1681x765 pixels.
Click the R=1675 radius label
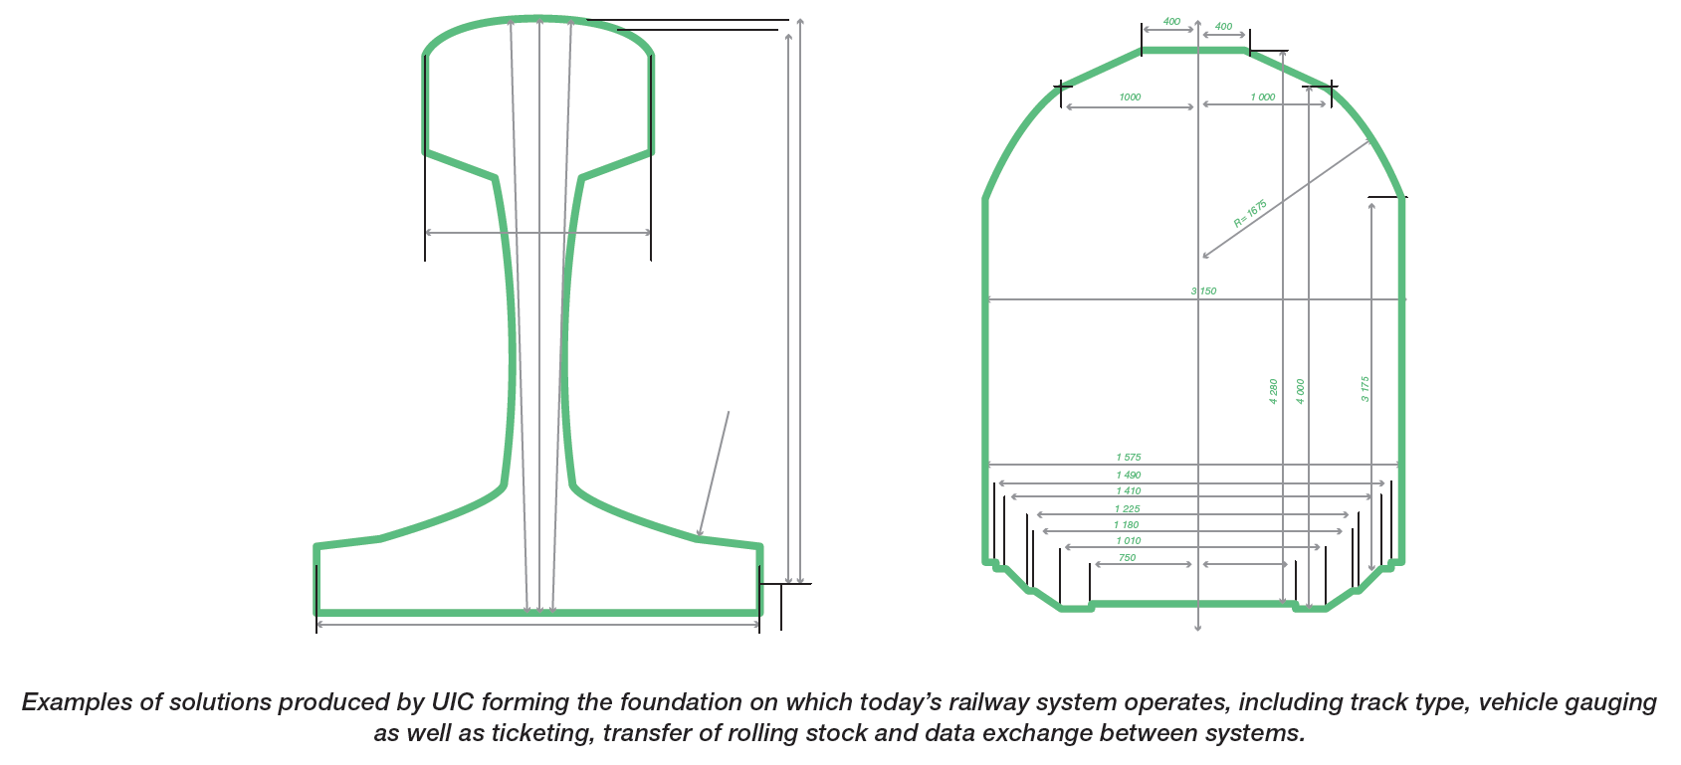(x=1250, y=214)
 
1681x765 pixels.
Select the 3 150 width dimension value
(x=1203, y=291)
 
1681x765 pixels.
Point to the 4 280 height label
(x=1273, y=391)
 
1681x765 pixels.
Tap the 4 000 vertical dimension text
(x=1300, y=391)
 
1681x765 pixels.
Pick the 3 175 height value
(x=1366, y=389)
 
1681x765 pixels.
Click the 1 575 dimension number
(x=1129, y=458)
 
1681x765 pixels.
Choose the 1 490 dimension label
(x=1129, y=476)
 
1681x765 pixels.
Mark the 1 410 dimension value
(x=1129, y=491)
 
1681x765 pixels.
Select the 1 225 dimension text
(x=1128, y=509)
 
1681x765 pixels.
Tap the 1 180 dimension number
(x=1127, y=525)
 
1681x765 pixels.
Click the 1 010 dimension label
(x=1129, y=541)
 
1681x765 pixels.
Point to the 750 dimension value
(x=1127, y=558)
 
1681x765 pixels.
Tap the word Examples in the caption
(x=77, y=702)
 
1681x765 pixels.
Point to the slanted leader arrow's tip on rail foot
(x=700, y=536)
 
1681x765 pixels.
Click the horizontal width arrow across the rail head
(x=537, y=233)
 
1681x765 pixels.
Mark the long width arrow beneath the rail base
(x=537, y=624)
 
